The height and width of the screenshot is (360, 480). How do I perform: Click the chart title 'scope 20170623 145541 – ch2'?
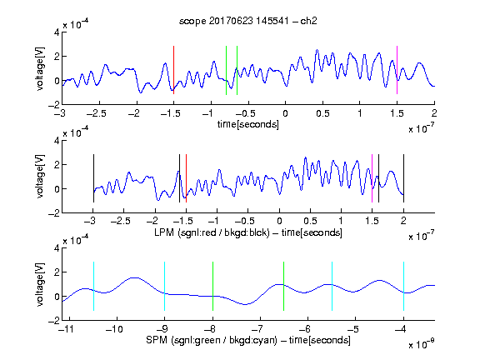(x=248, y=21)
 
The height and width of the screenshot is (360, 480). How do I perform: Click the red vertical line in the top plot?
(x=173, y=70)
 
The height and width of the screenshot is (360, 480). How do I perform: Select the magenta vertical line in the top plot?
(x=397, y=70)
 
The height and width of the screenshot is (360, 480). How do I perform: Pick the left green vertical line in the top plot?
(x=226, y=70)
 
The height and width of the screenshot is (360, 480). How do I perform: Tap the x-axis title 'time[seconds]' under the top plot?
(x=248, y=124)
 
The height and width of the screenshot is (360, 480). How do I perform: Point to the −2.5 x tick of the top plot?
(x=97, y=113)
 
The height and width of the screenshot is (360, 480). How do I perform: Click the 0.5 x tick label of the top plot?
(x=322, y=113)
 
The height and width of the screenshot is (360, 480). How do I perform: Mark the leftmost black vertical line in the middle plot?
(x=93, y=178)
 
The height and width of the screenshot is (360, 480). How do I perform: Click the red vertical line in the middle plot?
(x=186, y=178)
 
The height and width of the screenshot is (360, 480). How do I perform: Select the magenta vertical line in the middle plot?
(x=372, y=178)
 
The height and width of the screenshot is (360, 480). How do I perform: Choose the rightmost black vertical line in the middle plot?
(x=403, y=178)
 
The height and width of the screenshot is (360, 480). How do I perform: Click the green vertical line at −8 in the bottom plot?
(x=212, y=286)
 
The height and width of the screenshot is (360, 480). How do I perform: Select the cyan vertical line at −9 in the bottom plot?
(x=164, y=286)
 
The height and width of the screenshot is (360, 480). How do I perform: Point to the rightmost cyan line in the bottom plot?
(x=403, y=286)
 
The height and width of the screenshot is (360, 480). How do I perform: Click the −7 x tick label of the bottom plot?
(x=259, y=329)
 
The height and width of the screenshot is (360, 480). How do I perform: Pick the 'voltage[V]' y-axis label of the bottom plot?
(x=40, y=284)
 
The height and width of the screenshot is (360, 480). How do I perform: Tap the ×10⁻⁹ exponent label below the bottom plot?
(x=421, y=344)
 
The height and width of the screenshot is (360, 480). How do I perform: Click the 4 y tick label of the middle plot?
(x=57, y=141)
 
